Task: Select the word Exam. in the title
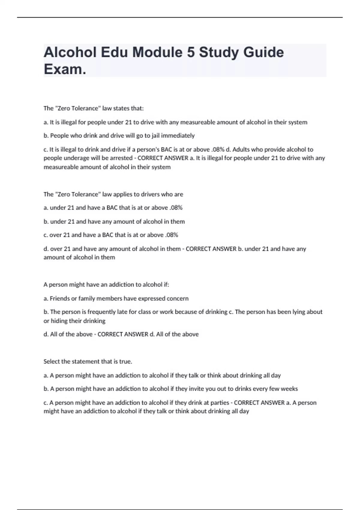point(65,69)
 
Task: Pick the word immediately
point(178,136)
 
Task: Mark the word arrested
point(121,158)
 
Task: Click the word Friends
point(59,298)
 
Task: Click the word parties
point(220,403)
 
